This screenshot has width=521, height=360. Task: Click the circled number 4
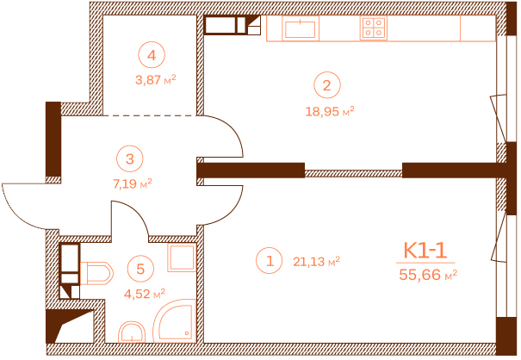point(152,55)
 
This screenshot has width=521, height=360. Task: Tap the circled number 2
point(327,85)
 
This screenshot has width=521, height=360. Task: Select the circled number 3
point(130,158)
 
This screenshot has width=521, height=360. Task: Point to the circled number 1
point(270,261)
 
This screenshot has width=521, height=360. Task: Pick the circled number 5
point(140,269)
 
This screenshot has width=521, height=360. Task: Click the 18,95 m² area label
point(330,111)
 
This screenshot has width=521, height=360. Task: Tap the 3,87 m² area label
point(156,80)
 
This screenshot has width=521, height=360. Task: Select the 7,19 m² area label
point(133,183)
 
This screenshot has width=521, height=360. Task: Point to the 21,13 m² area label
point(316,262)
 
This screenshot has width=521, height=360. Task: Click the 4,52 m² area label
point(145,294)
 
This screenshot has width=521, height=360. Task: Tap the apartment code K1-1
point(425,251)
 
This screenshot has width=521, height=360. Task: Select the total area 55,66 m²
point(428,275)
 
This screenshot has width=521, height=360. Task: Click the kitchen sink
point(301,28)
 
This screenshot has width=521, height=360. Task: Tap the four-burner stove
point(374,28)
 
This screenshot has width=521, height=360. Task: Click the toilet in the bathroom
point(96,273)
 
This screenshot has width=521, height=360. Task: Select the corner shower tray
point(174,320)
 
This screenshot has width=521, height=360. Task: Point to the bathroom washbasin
point(132,332)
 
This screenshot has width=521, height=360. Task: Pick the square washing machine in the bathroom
point(181,258)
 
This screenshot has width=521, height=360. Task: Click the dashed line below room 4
point(149,115)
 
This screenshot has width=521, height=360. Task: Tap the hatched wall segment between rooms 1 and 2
point(354,173)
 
